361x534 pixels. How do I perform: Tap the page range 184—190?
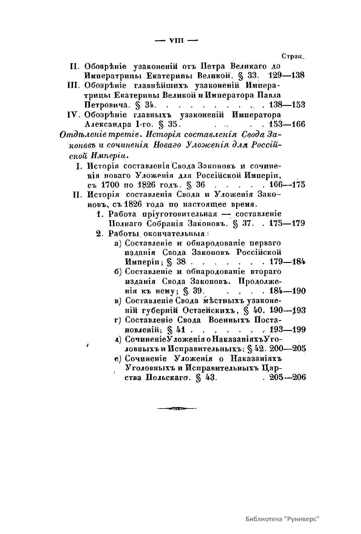pyautogui.click(x=288, y=291)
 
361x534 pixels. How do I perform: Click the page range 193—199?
pyautogui.click(x=288, y=329)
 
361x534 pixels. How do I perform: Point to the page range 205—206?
pyautogui.click(x=288, y=377)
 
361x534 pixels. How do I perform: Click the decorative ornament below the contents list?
pyautogui.click(x=177, y=408)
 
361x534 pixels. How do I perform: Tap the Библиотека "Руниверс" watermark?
pyautogui.click(x=282, y=519)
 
